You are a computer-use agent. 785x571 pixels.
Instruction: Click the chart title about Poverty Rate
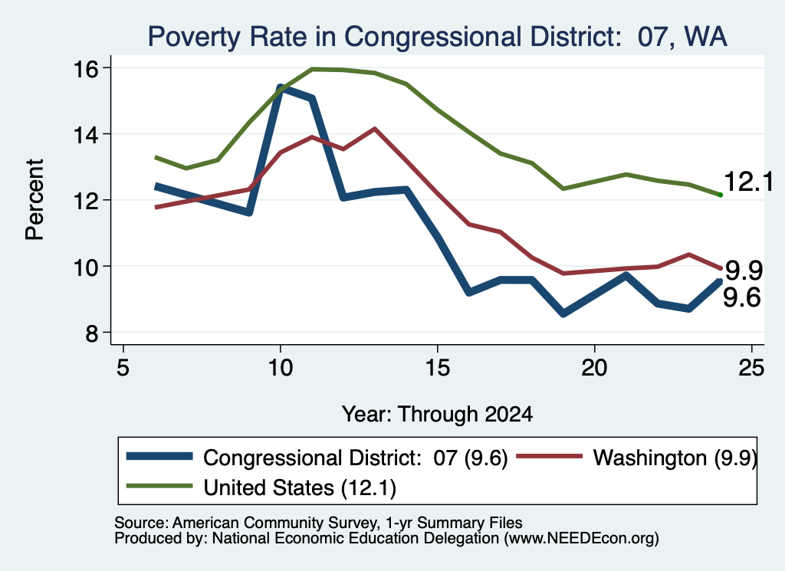click(437, 37)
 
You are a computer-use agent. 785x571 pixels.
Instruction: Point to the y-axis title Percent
click(34, 200)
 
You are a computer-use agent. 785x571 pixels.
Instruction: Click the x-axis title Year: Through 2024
click(437, 415)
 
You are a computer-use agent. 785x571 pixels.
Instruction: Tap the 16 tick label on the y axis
click(86, 68)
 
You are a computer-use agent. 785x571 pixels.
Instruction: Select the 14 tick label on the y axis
click(86, 135)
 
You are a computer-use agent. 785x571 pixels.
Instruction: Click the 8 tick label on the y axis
click(92, 333)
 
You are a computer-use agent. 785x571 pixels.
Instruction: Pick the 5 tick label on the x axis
click(123, 369)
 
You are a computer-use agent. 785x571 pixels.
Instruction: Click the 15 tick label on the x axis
click(438, 369)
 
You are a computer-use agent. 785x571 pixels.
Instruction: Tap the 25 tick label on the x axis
click(751, 369)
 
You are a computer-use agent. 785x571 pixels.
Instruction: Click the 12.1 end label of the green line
click(748, 181)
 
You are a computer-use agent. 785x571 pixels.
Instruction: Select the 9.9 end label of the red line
click(744, 271)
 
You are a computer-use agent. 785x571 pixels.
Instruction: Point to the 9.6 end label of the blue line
click(742, 297)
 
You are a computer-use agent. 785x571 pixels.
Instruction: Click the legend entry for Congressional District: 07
click(317, 458)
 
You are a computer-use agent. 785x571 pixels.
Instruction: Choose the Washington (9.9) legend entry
click(636, 458)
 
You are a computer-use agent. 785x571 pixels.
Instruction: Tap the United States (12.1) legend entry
click(261, 487)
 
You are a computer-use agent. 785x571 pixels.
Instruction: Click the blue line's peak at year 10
click(281, 88)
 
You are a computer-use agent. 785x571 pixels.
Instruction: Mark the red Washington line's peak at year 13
click(374, 129)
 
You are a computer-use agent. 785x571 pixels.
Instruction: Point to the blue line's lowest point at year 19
click(563, 313)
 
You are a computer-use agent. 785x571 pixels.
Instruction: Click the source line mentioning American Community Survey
click(318, 523)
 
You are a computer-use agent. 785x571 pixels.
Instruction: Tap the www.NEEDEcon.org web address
click(581, 539)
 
